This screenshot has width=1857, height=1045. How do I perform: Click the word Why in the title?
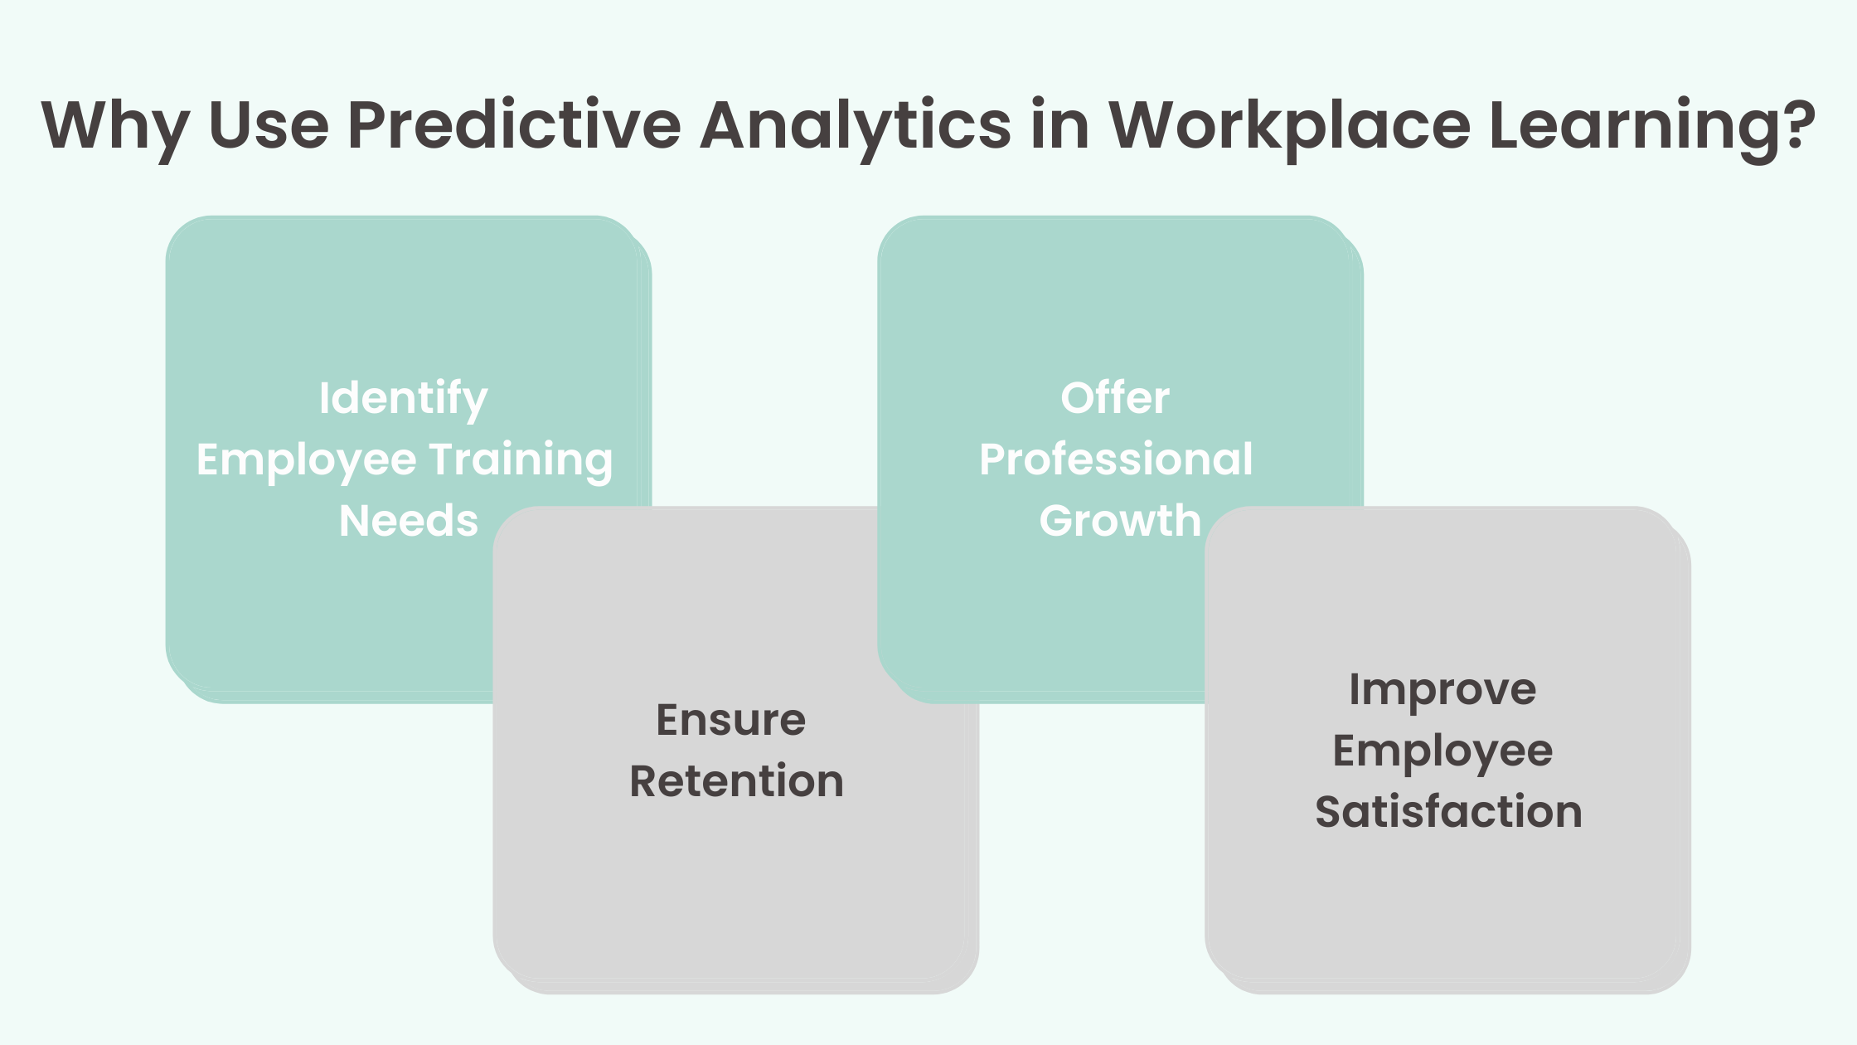[115, 126]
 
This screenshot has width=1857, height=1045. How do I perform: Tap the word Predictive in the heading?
[514, 126]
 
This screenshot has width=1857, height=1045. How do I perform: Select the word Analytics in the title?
[855, 126]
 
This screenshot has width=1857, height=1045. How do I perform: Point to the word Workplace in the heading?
[1289, 126]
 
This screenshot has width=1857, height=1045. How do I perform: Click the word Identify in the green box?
[403, 399]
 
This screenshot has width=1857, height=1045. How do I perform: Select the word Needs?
[409, 521]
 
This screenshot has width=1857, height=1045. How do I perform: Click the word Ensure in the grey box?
[730, 719]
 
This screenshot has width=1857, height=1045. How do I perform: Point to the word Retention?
[736, 781]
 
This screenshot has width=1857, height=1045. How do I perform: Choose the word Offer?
[1115, 398]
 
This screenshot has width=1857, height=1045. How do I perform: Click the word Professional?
[1116, 459]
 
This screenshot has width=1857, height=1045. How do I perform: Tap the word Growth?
[1120, 521]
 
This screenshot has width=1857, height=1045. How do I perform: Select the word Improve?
[1442, 690]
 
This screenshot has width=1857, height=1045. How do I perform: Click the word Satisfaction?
[1448, 811]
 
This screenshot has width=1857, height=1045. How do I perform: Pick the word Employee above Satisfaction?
[1442, 751]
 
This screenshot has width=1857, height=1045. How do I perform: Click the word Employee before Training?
[306, 460]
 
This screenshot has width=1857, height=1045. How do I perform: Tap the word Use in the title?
[269, 126]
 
